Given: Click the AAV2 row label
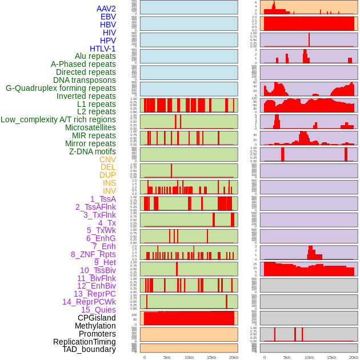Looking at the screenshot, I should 106,9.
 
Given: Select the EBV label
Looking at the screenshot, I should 108,17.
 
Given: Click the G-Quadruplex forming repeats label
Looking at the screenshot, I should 61,88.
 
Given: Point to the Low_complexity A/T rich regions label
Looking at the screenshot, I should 58,119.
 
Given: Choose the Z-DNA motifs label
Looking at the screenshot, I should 92,151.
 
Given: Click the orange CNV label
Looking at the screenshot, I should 107,159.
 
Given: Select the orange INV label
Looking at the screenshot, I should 109,191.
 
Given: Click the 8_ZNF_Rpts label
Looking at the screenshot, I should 93,254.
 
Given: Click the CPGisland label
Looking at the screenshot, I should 97,318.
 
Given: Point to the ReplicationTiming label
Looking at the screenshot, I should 85,342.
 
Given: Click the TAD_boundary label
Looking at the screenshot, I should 89,349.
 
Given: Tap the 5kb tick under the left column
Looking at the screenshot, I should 167,357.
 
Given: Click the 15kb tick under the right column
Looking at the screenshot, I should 331,357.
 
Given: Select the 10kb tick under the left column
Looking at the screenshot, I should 189,357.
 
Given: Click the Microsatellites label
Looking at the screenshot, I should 90,127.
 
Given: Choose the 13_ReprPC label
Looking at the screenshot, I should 94,294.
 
